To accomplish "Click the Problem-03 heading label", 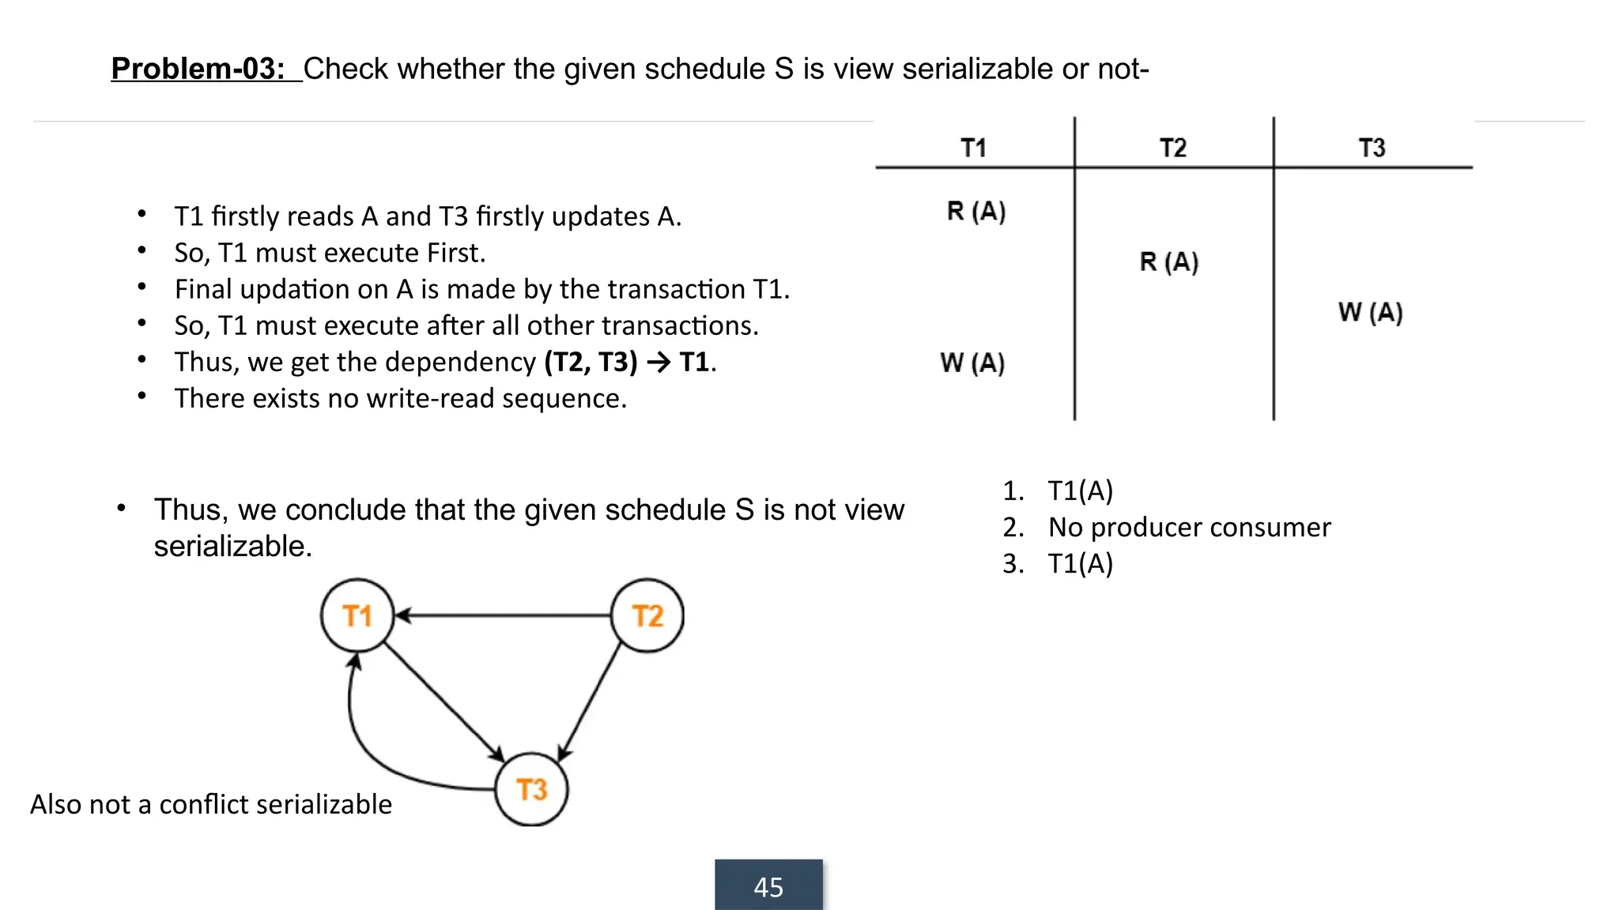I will point(198,69).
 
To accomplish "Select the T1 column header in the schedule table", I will point(973,148).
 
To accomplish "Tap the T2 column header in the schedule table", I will point(1173,148).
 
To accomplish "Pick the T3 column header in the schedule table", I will point(1372,148).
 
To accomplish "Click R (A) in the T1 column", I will point(976,212).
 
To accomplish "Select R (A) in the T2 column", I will point(1169,262).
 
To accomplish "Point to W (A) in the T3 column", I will point(1371,313).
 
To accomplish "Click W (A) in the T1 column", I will point(972,363).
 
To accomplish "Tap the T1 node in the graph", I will point(357,616).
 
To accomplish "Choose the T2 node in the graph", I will point(647,616).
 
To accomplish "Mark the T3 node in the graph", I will point(531,789).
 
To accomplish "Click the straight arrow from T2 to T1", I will point(506,615).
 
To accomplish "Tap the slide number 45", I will point(768,887).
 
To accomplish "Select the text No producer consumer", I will point(1189,528).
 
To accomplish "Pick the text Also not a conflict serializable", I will point(211,804).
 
